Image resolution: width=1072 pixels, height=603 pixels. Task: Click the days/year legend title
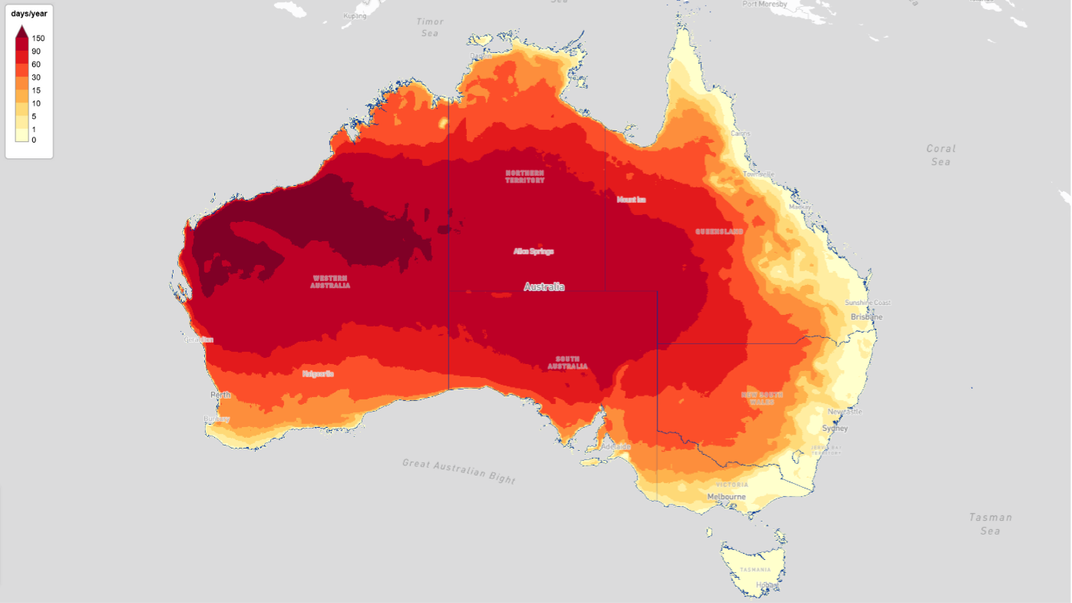[29, 14]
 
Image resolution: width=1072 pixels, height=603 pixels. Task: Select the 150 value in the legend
[38, 38]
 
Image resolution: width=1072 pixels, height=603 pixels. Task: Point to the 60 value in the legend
[36, 65]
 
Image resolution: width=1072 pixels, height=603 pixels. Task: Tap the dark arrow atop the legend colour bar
[22, 31]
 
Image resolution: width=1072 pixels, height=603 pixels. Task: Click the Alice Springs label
[533, 251]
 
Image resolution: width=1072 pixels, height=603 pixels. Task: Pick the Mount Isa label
[631, 200]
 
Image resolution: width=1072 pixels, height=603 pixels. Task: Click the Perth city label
[220, 395]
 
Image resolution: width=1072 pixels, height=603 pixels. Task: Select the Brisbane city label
[866, 316]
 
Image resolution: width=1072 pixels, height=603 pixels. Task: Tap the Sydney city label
[835, 428]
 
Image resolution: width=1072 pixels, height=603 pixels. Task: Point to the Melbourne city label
[726, 497]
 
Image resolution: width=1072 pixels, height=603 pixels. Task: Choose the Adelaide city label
[616, 446]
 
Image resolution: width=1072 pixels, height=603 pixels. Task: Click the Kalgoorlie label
[318, 374]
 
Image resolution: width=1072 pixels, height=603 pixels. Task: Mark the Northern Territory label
[524, 176]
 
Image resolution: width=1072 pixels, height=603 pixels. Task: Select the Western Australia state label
[330, 281]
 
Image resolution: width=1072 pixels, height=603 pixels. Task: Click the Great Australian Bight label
[459, 470]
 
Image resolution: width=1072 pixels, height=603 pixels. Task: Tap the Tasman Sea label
[990, 524]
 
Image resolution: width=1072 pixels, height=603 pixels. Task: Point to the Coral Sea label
[941, 154]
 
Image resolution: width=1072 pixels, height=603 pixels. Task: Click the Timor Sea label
[430, 28]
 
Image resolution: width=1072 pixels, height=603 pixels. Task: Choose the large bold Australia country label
[544, 287]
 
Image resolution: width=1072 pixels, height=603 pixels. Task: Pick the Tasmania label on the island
[755, 569]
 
